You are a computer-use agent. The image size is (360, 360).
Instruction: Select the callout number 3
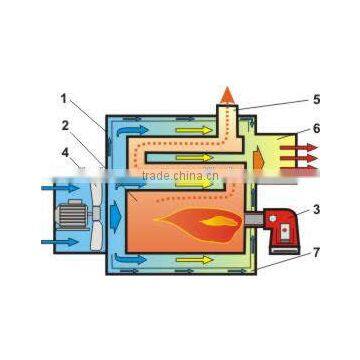point(317,209)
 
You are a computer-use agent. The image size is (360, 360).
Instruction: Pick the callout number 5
point(316,99)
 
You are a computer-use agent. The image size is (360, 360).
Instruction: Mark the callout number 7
point(317,252)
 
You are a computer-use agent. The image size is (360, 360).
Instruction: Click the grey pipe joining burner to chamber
point(252,219)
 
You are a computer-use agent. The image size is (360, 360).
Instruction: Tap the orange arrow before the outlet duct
point(257,158)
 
